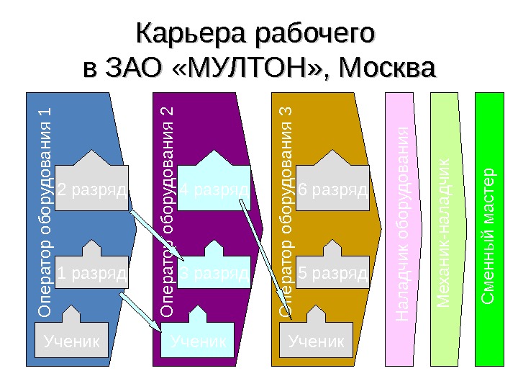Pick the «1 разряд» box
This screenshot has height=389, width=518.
[91, 274]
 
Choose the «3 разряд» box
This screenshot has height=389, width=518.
[214, 274]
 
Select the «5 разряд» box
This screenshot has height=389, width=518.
[332, 274]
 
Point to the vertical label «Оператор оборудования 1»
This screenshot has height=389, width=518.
[45, 213]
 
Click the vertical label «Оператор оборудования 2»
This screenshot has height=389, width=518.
[167, 213]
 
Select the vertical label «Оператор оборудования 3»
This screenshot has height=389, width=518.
[286, 213]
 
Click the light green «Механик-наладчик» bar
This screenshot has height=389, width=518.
[444, 231]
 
